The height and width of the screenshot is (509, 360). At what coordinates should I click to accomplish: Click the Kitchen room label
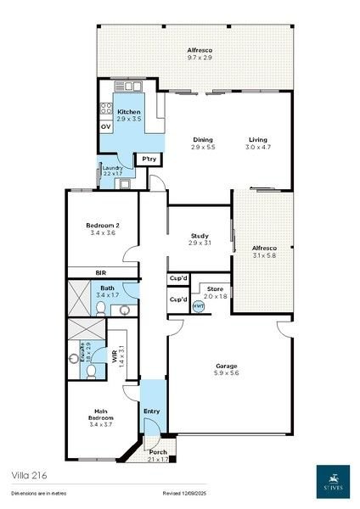(x=129, y=112)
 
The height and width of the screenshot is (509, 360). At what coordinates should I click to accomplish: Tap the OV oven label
(x=106, y=126)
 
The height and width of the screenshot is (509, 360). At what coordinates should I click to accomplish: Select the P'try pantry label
(x=149, y=159)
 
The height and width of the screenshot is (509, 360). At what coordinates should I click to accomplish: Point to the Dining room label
(x=203, y=140)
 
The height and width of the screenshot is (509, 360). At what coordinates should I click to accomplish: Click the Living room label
(x=258, y=140)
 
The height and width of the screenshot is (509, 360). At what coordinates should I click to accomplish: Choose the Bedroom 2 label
(x=101, y=225)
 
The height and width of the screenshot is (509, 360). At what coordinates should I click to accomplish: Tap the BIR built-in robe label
(x=100, y=272)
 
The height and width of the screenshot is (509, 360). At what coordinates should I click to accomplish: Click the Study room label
(x=200, y=237)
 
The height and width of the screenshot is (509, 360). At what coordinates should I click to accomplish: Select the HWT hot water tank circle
(x=199, y=306)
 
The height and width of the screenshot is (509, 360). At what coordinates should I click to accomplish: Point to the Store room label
(x=216, y=288)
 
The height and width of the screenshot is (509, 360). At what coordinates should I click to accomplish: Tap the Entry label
(x=151, y=412)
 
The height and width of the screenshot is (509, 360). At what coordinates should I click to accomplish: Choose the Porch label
(x=158, y=452)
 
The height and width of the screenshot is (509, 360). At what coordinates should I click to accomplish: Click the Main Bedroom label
(x=100, y=415)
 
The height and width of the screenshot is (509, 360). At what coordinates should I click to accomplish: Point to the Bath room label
(x=108, y=288)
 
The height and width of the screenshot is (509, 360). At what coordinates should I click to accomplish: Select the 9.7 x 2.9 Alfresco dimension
(x=200, y=58)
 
